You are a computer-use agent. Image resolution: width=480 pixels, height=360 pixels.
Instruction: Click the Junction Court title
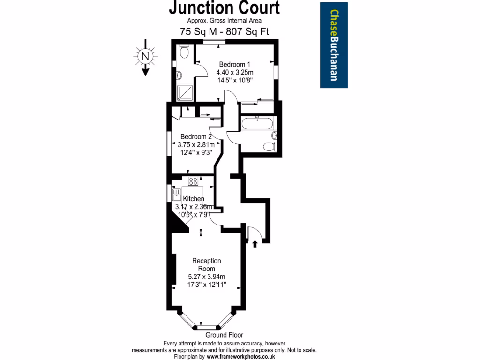[x=224, y=8]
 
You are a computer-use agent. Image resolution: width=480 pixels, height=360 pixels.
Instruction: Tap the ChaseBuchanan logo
[x=334, y=45]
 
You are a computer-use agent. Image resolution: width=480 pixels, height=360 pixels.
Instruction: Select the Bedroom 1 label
[x=234, y=64]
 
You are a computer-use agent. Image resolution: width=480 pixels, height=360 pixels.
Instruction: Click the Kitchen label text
[x=194, y=199]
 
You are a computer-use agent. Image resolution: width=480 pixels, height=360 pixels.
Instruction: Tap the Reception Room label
[x=207, y=264]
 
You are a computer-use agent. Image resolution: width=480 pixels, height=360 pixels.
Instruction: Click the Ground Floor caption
[x=224, y=335]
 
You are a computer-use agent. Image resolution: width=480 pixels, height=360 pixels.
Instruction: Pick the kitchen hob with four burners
[x=193, y=180]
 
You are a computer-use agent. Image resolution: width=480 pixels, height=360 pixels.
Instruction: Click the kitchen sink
[x=177, y=194]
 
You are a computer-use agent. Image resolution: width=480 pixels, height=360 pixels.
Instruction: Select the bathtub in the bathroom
[x=256, y=124]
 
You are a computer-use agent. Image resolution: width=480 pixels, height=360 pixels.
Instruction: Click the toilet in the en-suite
[x=184, y=52]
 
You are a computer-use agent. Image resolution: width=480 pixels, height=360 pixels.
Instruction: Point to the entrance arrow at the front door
[x=255, y=243]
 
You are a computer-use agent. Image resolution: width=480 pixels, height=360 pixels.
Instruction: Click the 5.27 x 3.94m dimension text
[x=207, y=277]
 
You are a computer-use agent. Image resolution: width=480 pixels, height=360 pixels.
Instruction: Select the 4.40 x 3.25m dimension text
[x=234, y=72]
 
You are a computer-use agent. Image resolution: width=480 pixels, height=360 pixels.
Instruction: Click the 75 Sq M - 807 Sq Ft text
[x=224, y=31]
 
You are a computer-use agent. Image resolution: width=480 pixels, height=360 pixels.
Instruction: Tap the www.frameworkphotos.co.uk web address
[x=241, y=357]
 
